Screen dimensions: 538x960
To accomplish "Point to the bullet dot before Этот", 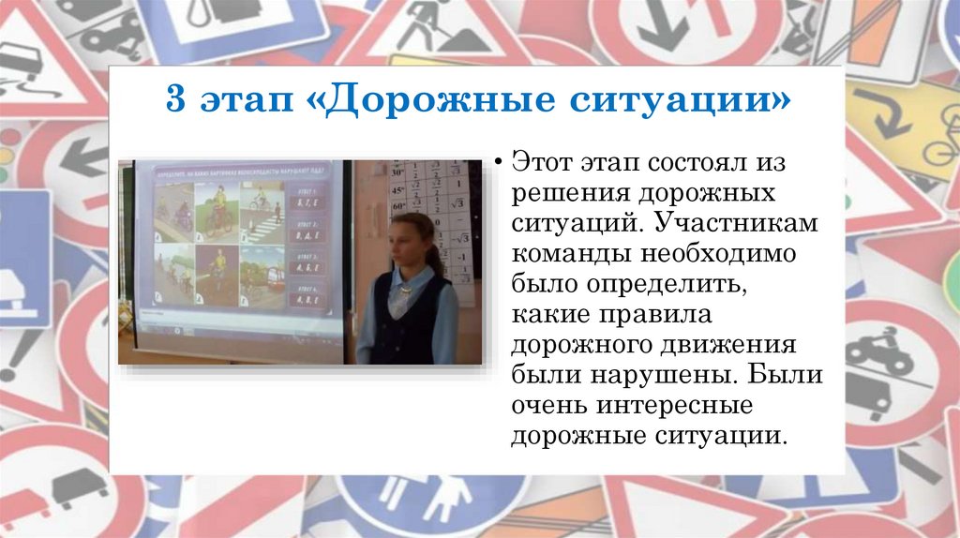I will click(499, 161).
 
